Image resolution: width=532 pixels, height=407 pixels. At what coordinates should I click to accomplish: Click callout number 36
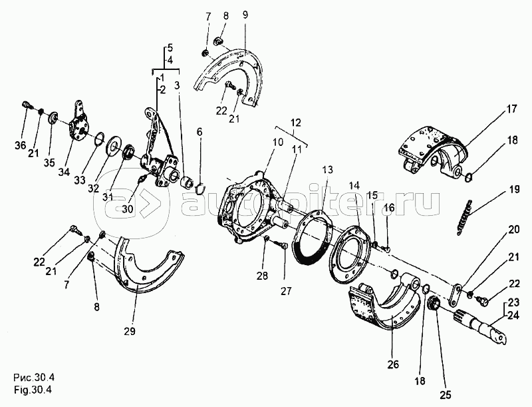(x=21, y=145)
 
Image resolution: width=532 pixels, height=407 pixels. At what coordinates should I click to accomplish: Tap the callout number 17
(x=511, y=109)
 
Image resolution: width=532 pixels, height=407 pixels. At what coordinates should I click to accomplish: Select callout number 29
(x=130, y=331)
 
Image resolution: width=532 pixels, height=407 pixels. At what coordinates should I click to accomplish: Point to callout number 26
(x=393, y=364)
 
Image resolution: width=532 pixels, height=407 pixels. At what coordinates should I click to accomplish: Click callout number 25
(x=446, y=395)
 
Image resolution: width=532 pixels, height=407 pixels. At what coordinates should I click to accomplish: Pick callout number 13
(x=327, y=169)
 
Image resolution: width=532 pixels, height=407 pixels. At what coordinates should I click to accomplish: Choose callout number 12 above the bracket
(x=295, y=123)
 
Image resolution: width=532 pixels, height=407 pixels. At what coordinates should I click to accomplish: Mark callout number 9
(x=245, y=15)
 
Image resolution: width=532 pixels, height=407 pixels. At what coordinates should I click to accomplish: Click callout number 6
(x=199, y=131)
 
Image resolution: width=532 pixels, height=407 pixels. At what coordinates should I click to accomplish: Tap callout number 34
(x=64, y=172)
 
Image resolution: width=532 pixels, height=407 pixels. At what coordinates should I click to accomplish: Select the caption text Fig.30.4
(x=33, y=390)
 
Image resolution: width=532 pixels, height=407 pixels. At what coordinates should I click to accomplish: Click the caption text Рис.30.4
(x=34, y=378)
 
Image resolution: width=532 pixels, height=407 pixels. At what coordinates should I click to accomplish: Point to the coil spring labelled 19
(x=464, y=217)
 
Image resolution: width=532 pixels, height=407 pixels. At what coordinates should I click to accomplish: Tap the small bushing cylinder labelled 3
(x=186, y=182)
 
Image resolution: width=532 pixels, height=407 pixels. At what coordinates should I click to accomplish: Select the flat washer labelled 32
(x=113, y=147)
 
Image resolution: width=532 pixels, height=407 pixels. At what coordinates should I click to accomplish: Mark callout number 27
(x=286, y=291)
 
